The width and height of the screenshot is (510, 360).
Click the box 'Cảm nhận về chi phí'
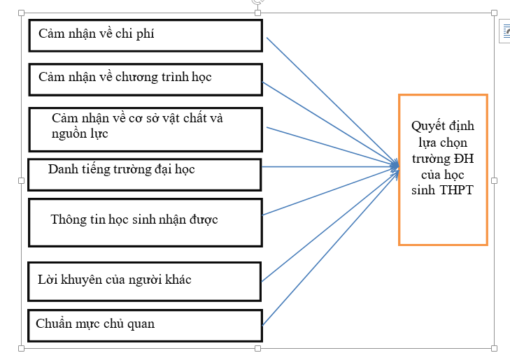click(146, 36)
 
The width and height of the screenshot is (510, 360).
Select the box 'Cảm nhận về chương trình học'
click(146, 80)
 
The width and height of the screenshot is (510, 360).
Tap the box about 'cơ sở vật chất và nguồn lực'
click(146, 129)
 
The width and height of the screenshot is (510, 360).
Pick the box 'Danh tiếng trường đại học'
click(145, 175)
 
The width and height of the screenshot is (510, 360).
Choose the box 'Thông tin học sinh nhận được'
click(146, 222)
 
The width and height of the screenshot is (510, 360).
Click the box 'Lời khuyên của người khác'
click(145, 282)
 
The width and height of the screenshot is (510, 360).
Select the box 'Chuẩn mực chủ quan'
click(145, 326)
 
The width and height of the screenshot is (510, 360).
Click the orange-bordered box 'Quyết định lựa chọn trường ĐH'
click(443, 170)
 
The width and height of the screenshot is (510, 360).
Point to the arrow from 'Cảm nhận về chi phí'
click(332, 101)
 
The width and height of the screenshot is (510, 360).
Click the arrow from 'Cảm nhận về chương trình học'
click(330, 124)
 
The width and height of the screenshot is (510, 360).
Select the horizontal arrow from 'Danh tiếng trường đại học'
click(330, 166)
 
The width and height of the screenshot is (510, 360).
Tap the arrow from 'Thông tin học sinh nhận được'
click(330, 192)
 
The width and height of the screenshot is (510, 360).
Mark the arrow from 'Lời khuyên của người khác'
click(330, 226)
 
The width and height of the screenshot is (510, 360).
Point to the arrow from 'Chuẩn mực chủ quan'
click(330, 247)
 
